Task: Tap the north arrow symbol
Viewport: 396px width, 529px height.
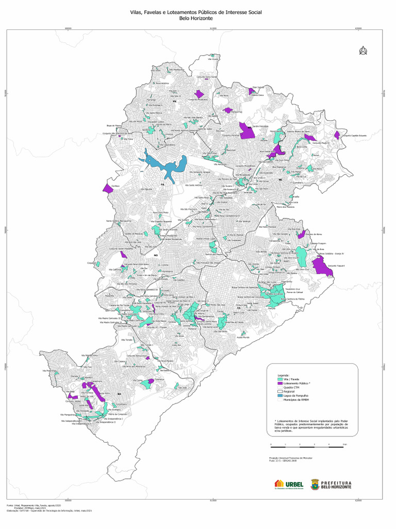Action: (363, 51)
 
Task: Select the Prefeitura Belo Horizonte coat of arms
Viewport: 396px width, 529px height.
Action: (314, 484)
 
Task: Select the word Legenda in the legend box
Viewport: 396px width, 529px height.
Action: (284, 375)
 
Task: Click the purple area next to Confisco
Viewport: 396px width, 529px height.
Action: (108, 189)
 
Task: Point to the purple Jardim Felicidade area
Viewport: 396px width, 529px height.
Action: (246, 130)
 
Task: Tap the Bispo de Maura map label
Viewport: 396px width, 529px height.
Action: (114, 125)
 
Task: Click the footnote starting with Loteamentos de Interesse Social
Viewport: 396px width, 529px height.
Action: (311, 425)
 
